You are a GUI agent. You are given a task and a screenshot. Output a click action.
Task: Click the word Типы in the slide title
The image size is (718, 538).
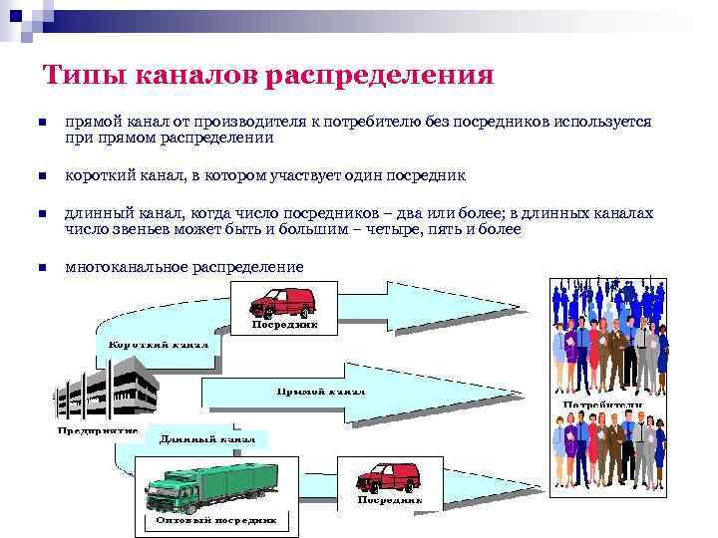pyautogui.click(x=81, y=76)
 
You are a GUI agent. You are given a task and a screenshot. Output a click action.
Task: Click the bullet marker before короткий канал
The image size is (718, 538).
pyautogui.click(x=42, y=177)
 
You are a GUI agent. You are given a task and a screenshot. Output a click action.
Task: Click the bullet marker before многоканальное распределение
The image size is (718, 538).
pyautogui.click(x=42, y=267)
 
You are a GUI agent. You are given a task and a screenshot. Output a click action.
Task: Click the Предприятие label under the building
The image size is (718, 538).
pyautogui.click(x=98, y=430)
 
